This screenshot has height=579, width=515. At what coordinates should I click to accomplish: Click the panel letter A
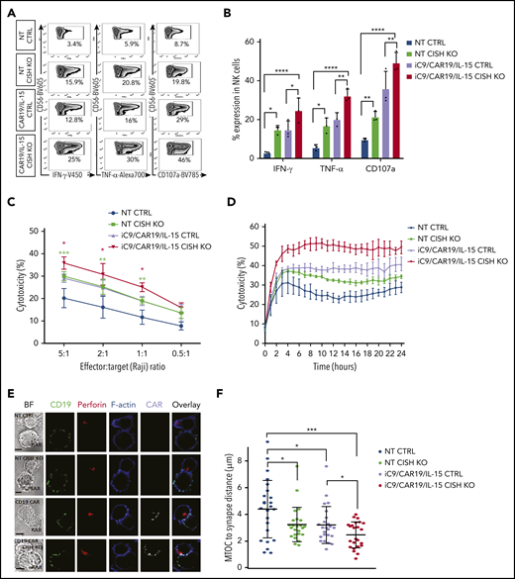coord(8,10)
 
